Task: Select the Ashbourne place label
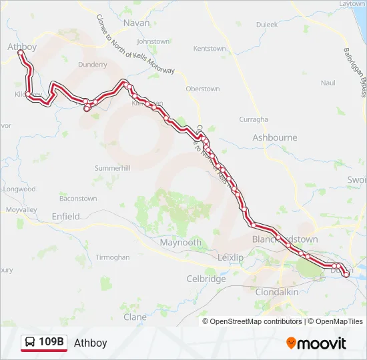[x=274, y=137]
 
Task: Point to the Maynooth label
[x=180, y=243]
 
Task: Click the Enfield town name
[x=65, y=216]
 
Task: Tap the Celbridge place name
[x=206, y=279]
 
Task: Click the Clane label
[x=135, y=317]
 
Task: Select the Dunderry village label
[x=92, y=65]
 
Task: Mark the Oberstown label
[x=203, y=89]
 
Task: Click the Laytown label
[x=352, y=4]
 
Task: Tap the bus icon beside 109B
[x=30, y=343]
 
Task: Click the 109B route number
[x=51, y=343]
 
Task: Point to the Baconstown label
[x=78, y=199]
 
